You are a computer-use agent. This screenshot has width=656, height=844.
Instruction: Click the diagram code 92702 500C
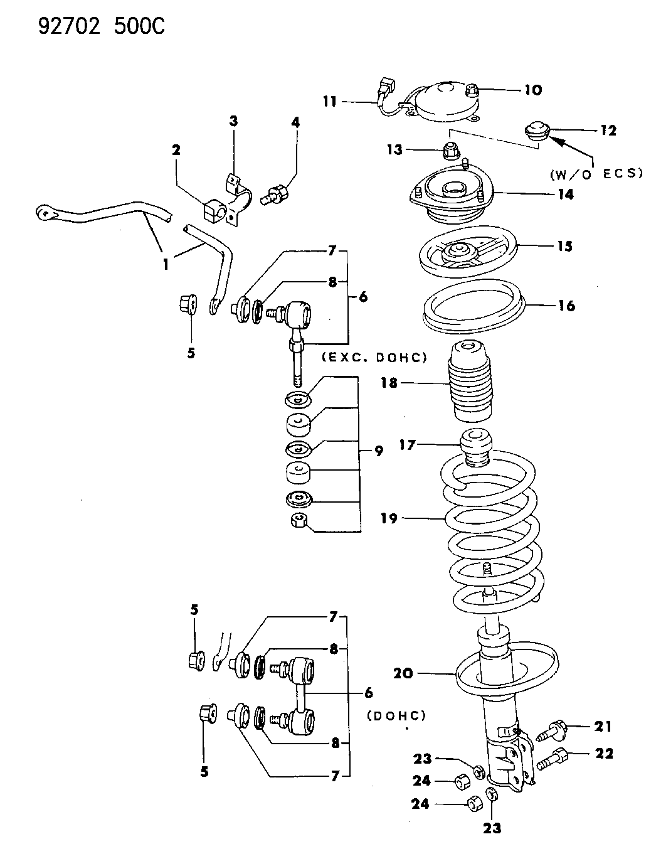102,26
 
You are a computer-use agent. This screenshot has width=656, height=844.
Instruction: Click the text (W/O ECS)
596,173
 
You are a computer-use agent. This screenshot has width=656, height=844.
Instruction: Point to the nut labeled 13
450,151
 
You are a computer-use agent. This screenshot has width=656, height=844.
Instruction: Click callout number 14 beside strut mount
565,195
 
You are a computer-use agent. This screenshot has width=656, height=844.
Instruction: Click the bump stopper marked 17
477,446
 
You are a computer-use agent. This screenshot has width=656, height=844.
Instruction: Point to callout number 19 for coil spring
389,518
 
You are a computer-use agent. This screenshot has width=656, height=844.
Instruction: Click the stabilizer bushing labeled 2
213,210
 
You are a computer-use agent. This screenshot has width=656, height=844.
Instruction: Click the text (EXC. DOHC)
374,357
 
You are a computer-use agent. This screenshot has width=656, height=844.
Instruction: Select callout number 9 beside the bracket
378,451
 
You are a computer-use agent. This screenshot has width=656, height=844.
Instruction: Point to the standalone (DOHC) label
396,715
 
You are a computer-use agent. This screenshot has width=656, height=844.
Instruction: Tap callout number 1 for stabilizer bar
166,264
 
